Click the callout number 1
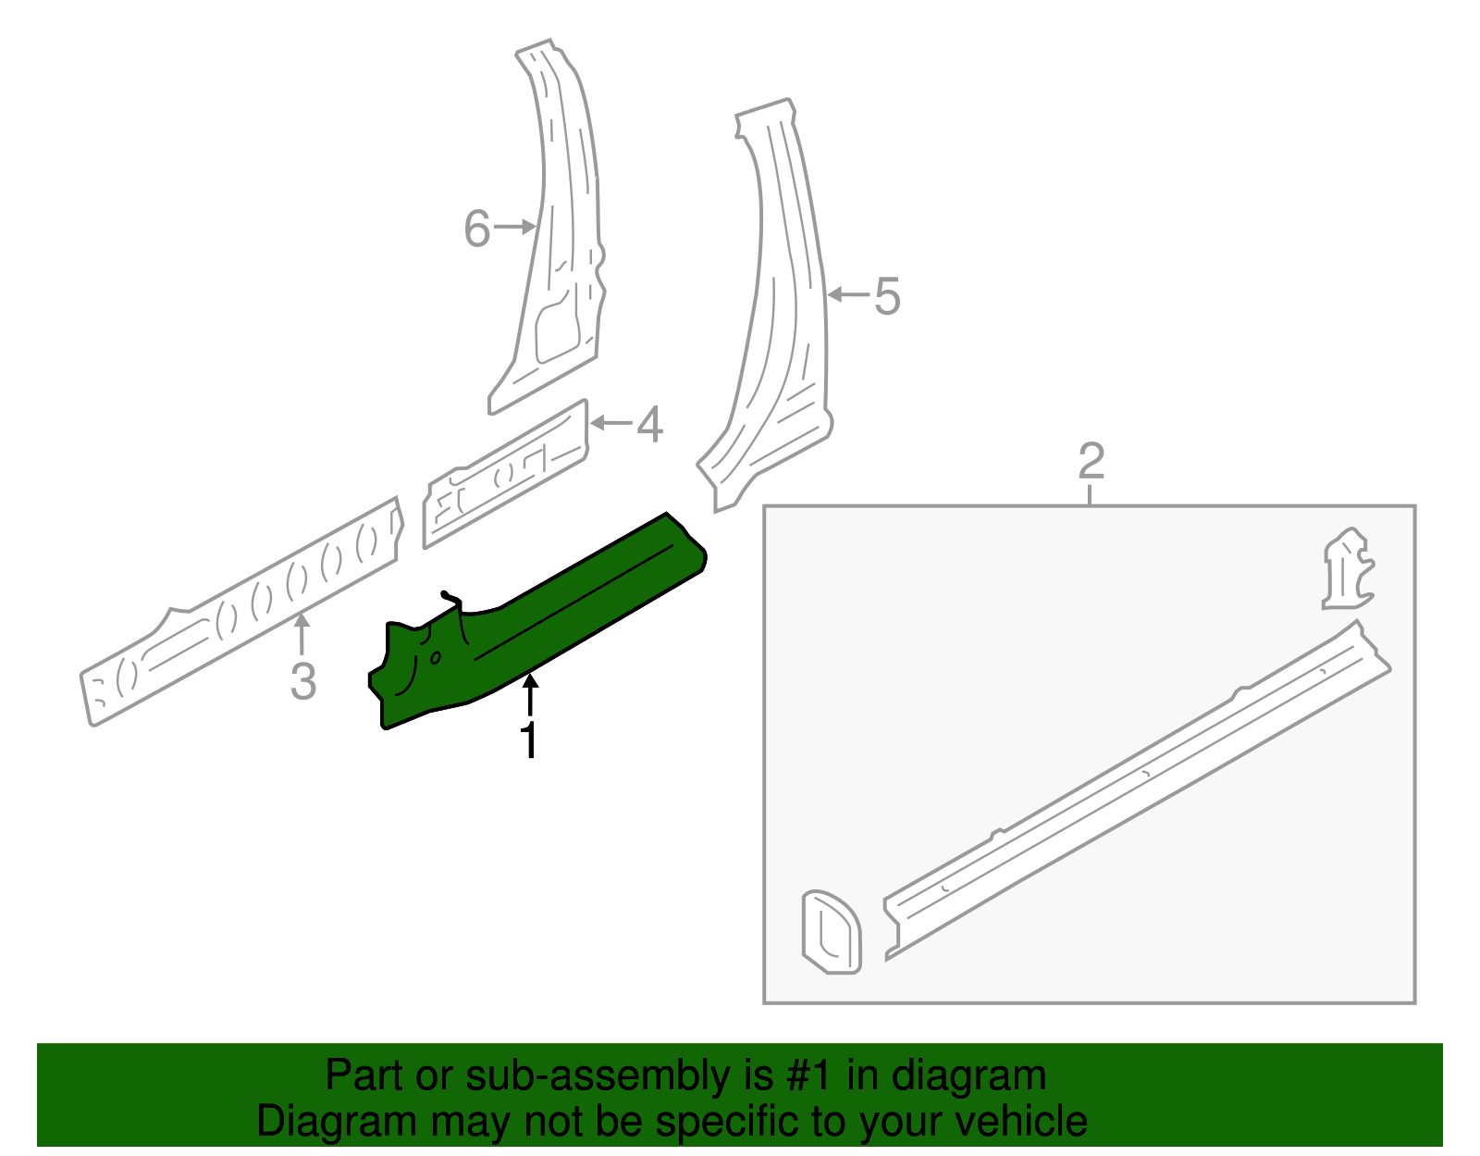pyautogui.click(x=529, y=740)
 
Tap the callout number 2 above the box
pyautogui.click(x=1091, y=460)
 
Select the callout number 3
pyautogui.click(x=302, y=681)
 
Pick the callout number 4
pyautogui.click(x=650, y=424)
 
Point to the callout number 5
pyautogui.click(x=886, y=296)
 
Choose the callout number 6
pyautogui.click(x=476, y=229)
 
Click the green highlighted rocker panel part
pyautogui.click(x=555, y=620)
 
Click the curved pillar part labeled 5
pyautogui.click(x=786, y=305)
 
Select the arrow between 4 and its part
pyautogui.click(x=610, y=424)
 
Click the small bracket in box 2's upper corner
pyautogui.click(x=1347, y=569)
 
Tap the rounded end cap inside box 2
pyautogui.click(x=831, y=932)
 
